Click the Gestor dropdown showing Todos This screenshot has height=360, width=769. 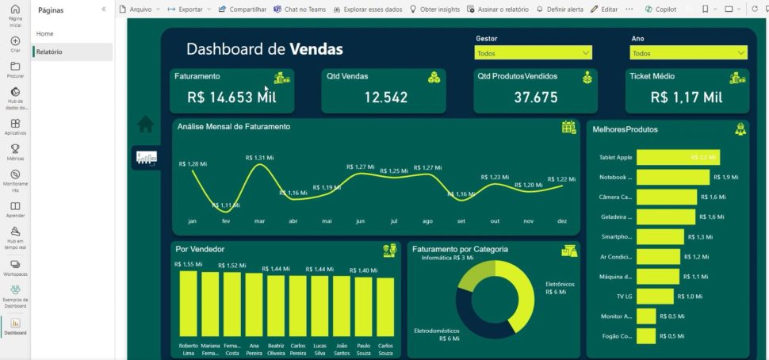coord(533,53)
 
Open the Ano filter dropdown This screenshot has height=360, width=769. coord(688,53)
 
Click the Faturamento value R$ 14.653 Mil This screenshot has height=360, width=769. coord(231,98)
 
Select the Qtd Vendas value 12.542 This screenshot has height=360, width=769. coord(386,98)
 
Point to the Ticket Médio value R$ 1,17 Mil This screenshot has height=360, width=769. coord(687,98)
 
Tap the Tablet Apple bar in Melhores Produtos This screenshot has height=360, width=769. coord(678,157)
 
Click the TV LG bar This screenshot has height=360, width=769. coord(655,296)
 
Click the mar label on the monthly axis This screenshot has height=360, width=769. coord(259,221)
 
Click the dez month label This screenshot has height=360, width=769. coord(562,221)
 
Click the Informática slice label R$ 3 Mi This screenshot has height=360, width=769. coord(447,259)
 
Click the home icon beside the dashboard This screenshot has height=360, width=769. coord(145,124)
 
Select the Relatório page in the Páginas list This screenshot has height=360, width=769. coord(49,52)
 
